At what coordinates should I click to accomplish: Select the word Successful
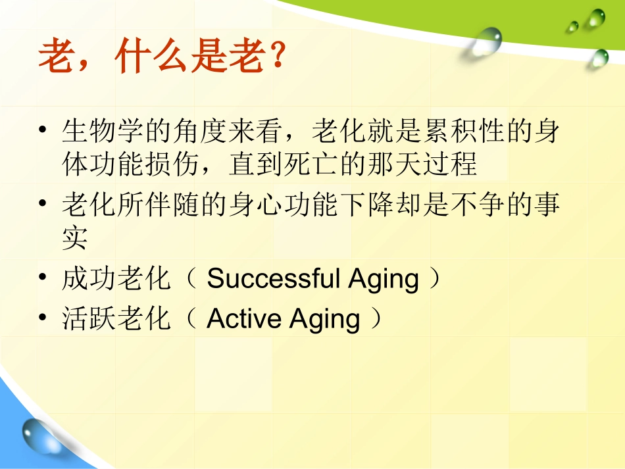point(272,279)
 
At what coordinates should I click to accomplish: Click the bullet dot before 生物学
point(43,131)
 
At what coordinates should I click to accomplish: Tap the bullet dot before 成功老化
point(43,280)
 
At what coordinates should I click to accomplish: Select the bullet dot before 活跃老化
point(43,320)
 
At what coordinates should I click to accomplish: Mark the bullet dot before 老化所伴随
point(43,205)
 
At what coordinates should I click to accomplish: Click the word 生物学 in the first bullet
point(102,131)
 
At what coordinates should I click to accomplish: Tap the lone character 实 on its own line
point(74,238)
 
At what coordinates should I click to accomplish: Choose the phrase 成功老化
point(116,280)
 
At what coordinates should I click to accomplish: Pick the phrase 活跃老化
point(116,320)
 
